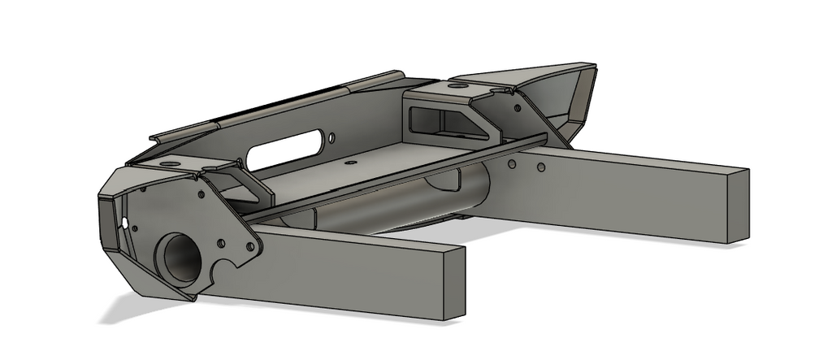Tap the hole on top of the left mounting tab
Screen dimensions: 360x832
click(x=168, y=164)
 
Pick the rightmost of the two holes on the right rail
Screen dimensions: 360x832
click(x=540, y=168)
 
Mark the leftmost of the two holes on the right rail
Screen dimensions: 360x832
click(x=511, y=163)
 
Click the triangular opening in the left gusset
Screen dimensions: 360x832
click(x=243, y=189)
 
